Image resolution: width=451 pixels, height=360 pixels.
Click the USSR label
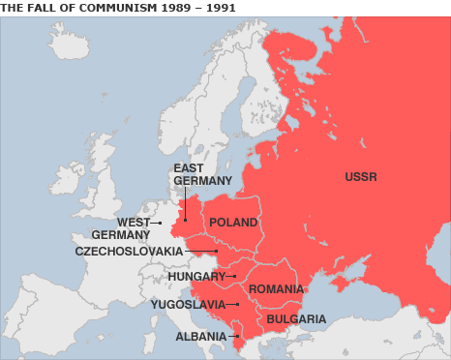(x=360, y=177)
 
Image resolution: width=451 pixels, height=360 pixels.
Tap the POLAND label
(x=233, y=222)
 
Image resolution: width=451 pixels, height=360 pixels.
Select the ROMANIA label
(x=276, y=289)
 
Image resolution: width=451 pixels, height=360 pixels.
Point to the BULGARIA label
(x=296, y=318)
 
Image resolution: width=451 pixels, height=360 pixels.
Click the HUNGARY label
(x=196, y=276)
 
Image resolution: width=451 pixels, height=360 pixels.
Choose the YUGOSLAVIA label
(x=188, y=304)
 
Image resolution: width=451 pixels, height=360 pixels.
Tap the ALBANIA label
(x=200, y=337)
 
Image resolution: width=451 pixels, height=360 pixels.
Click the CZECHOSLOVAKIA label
(x=129, y=251)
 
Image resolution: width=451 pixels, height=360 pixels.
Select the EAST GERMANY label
(x=202, y=174)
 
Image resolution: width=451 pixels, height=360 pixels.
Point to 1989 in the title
(x=167, y=7)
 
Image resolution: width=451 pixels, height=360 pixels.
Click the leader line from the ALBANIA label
(x=233, y=337)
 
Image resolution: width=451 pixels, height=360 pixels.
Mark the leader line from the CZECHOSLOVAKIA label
(x=201, y=252)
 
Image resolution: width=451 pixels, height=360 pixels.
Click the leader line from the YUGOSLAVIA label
(x=232, y=304)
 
